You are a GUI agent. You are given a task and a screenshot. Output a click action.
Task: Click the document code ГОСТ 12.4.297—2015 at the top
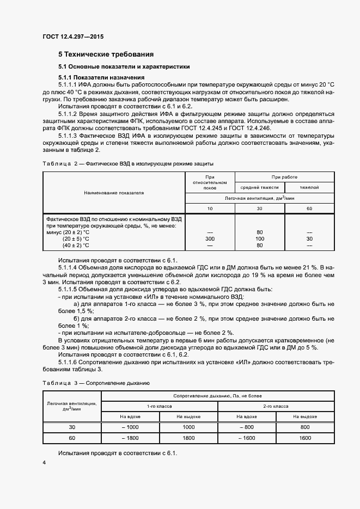[x=72, y=36]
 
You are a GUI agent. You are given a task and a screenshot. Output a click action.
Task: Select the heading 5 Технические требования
[x=106, y=54]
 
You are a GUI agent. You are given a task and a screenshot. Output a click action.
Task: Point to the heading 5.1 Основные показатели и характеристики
[x=124, y=67]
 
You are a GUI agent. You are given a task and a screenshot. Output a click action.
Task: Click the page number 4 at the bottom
[x=44, y=462]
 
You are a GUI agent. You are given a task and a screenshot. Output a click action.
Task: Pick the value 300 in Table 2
[x=210, y=238]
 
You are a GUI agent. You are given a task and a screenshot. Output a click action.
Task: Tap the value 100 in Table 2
[x=259, y=238]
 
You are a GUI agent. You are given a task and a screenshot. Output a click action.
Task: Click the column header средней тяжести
[x=259, y=187]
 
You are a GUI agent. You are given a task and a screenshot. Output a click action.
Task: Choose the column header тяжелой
[x=309, y=187]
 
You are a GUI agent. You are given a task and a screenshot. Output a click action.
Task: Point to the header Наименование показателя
[x=114, y=193]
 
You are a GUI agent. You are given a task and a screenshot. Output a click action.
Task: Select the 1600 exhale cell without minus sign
[x=304, y=438]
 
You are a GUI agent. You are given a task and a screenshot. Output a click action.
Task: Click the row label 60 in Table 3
[x=72, y=438]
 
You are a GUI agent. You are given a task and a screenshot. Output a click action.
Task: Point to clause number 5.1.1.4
[x=70, y=267]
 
